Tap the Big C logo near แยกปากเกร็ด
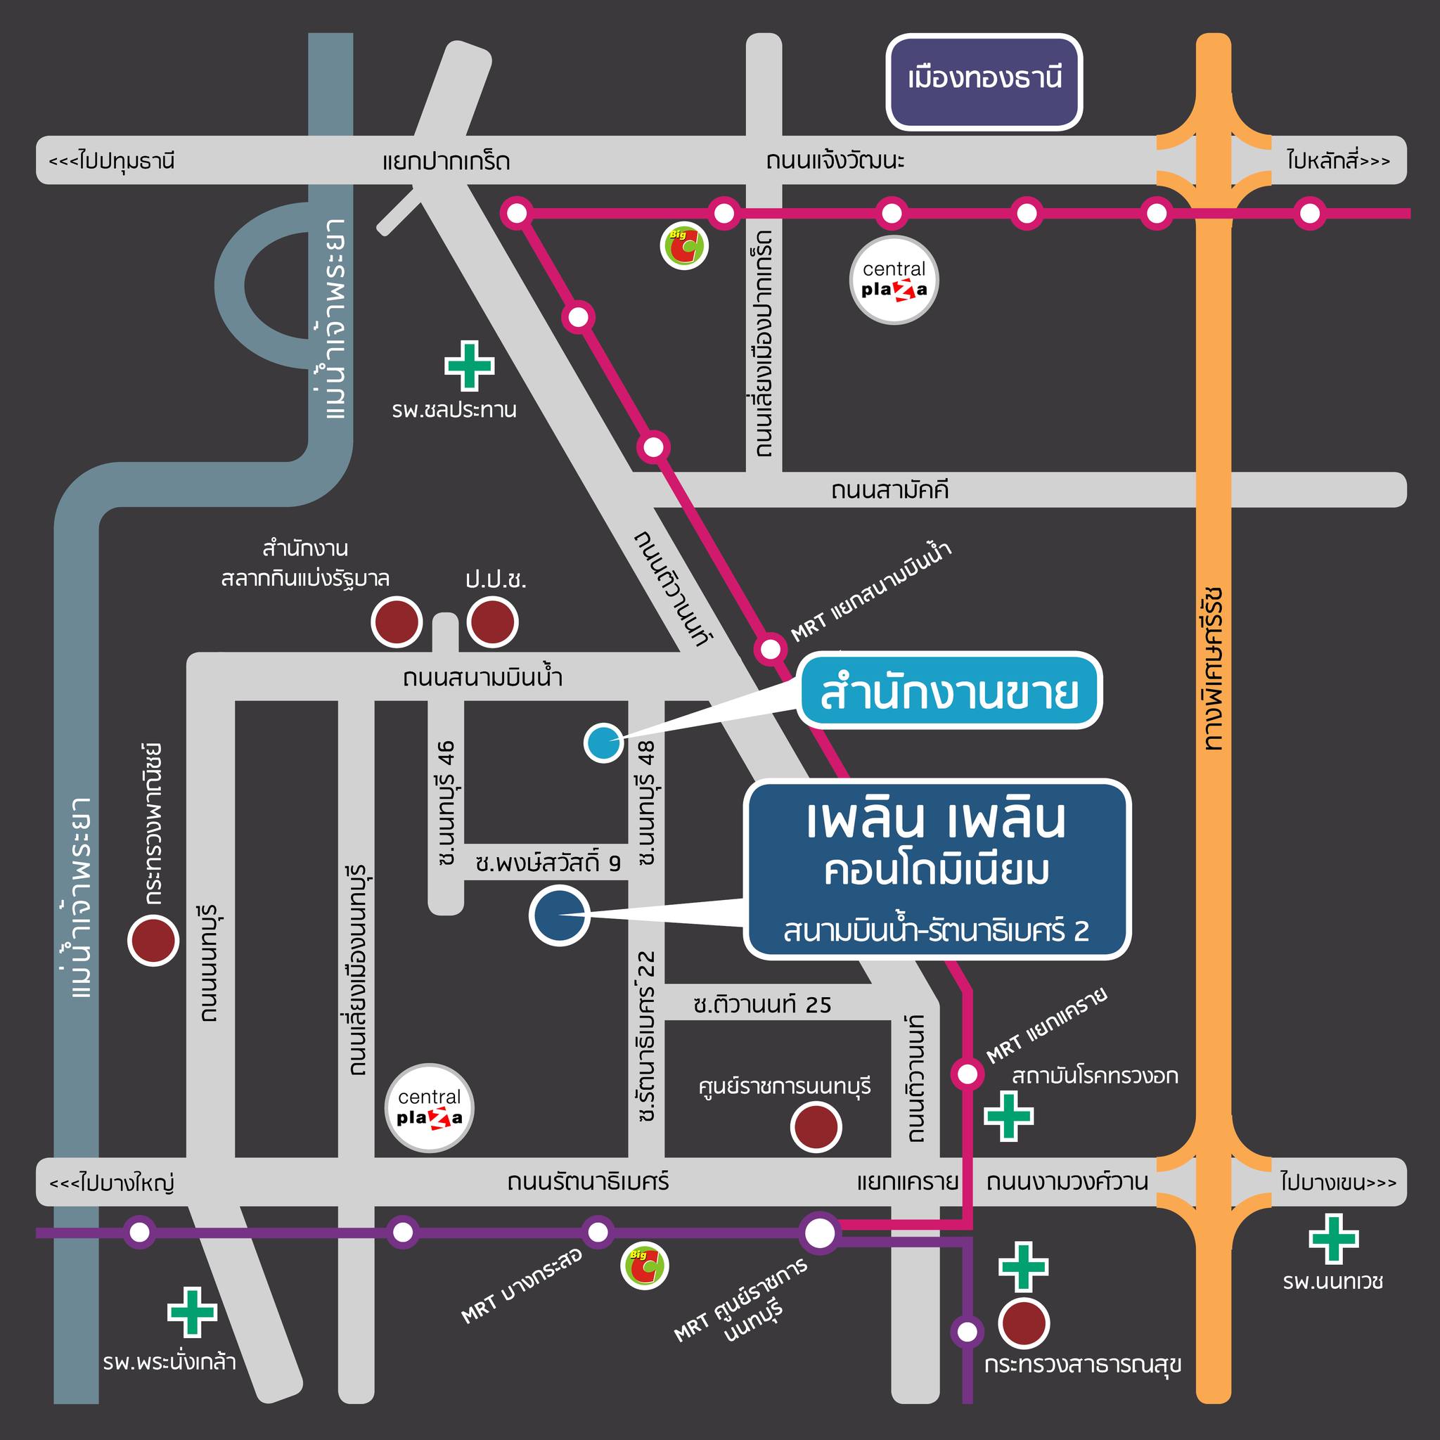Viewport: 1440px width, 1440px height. tap(684, 245)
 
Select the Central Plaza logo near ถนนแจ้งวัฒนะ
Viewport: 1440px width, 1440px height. tap(894, 281)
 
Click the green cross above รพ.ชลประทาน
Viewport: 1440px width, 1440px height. tap(469, 365)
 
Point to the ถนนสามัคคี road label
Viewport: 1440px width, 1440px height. tap(890, 491)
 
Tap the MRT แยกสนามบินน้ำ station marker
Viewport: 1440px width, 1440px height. tap(770, 648)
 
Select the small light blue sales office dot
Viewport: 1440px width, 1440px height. tap(603, 742)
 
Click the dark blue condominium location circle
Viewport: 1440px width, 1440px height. tap(559, 916)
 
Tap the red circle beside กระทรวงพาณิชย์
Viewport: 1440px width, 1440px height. tap(153, 941)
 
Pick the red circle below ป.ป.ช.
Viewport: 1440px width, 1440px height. tap(492, 622)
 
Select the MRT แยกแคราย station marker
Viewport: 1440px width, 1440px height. tap(967, 1074)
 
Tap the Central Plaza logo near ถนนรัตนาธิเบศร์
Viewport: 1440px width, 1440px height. tap(429, 1108)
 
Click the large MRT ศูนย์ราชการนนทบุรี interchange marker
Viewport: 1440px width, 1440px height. tap(820, 1233)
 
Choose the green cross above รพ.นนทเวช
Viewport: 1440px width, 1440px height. tap(1333, 1239)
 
